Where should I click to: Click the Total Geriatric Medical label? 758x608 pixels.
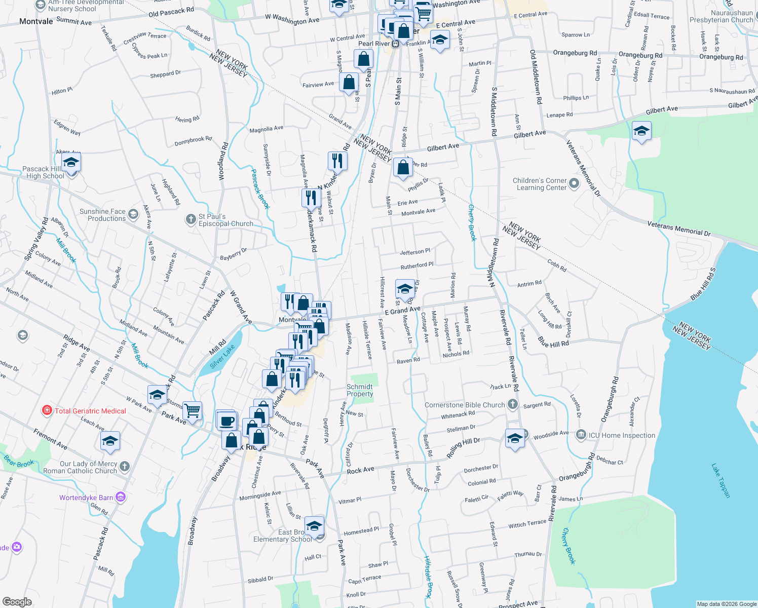click(90, 411)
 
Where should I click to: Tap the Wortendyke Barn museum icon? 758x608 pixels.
click(121, 497)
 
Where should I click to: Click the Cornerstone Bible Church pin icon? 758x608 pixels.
click(513, 404)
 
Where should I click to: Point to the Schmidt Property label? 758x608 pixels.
click(360, 390)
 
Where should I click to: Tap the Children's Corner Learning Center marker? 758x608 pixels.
click(574, 183)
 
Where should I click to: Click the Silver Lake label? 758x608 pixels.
click(222, 356)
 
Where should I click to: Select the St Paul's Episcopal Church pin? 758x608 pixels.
click(191, 219)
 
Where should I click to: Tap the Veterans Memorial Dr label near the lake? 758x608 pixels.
click(679, 229)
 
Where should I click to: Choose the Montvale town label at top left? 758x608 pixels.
click(36, 21)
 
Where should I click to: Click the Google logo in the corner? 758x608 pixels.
click(17, 602)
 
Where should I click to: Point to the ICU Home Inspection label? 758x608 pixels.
click(622, 435)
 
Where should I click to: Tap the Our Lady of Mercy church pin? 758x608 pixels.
click(125, 466)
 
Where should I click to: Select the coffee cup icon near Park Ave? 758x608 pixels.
click(227, 421)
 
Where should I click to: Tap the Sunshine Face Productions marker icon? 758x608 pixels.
click(133, 214)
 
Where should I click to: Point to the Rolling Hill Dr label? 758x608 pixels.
click(463, 447)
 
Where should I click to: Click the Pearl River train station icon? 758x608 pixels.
click(395, 44)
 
